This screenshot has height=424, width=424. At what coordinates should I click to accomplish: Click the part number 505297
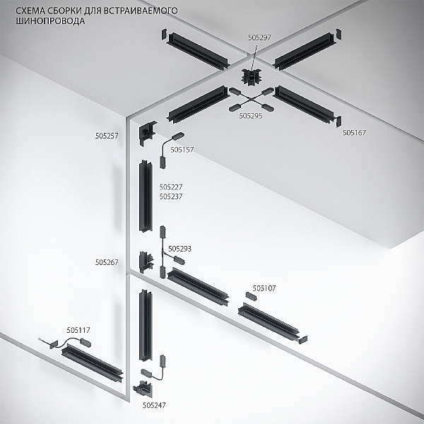(x=259, y=37)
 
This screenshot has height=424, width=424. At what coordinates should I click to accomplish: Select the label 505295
(x=251, y=116)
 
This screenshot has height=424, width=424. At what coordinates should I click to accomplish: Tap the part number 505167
(x=354, y=133)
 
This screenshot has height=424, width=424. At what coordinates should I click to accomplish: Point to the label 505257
(x=107, y=136)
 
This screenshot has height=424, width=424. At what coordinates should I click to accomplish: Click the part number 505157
(x=182, y=150)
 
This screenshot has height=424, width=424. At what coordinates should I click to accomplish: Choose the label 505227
(x=171, y=187)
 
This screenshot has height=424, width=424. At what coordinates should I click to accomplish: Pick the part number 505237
(x=171, y=196)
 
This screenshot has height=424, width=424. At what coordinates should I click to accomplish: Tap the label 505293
(x=179, y=249)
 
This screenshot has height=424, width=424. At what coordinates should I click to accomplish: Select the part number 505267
(x=107, y=262)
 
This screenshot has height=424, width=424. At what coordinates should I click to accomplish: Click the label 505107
(x=264, y=288)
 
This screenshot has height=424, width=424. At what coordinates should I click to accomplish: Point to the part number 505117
(x=78, y=330)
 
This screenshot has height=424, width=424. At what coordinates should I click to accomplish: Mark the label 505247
(x=154, y=405)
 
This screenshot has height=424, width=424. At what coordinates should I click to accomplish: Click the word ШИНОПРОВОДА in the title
(x=50, y=21)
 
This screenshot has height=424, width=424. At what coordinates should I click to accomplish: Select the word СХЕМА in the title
(x=29, y=11)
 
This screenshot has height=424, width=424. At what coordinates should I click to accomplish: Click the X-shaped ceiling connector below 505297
(x=252, y=77)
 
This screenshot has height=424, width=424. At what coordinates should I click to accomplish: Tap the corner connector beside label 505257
(x=146, y=133)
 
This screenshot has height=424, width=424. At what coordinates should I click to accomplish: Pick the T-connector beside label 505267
(x=146, y=261)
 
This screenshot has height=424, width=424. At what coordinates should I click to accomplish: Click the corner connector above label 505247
(x=143, y=389)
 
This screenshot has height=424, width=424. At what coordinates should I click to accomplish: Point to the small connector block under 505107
(x=251, y=296)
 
